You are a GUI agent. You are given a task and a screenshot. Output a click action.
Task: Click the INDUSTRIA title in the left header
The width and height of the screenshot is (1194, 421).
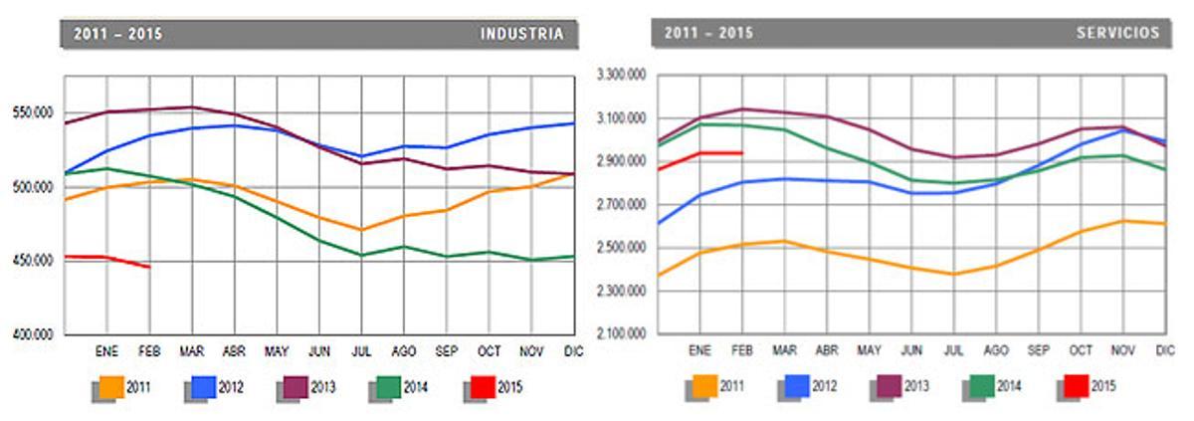tap(521, 34)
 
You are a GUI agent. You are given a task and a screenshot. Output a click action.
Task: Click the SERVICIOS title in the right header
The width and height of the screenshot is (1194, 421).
tap(1117, 33)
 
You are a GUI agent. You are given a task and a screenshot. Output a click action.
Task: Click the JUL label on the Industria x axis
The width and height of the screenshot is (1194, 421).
tap(361, 351)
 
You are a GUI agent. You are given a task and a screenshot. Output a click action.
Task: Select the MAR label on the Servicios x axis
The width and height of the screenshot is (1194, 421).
tap(785, 350)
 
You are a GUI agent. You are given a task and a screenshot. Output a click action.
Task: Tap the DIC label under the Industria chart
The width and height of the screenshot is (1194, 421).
tap(572, 351)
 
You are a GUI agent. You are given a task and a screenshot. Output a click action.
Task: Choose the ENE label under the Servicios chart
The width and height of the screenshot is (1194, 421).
tap(699, 350)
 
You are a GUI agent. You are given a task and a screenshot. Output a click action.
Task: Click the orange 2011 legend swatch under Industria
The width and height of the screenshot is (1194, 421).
tap(109, 387)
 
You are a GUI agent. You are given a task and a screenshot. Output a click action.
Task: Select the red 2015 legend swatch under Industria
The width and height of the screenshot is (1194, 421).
tap(482, 387)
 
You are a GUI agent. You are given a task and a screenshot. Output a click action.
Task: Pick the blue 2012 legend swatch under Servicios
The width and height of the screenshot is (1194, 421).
tap(796, 386)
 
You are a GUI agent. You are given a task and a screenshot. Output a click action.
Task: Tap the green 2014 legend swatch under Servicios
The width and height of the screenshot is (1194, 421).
tap(981, 386)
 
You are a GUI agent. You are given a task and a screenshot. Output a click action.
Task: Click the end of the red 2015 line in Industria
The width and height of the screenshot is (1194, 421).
tap(149, 267)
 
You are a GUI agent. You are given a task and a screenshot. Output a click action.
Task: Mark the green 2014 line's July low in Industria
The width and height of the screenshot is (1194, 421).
tap(362, 256)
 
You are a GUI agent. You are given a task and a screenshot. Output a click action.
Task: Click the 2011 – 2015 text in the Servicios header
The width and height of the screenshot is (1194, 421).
tap(708, 33)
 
